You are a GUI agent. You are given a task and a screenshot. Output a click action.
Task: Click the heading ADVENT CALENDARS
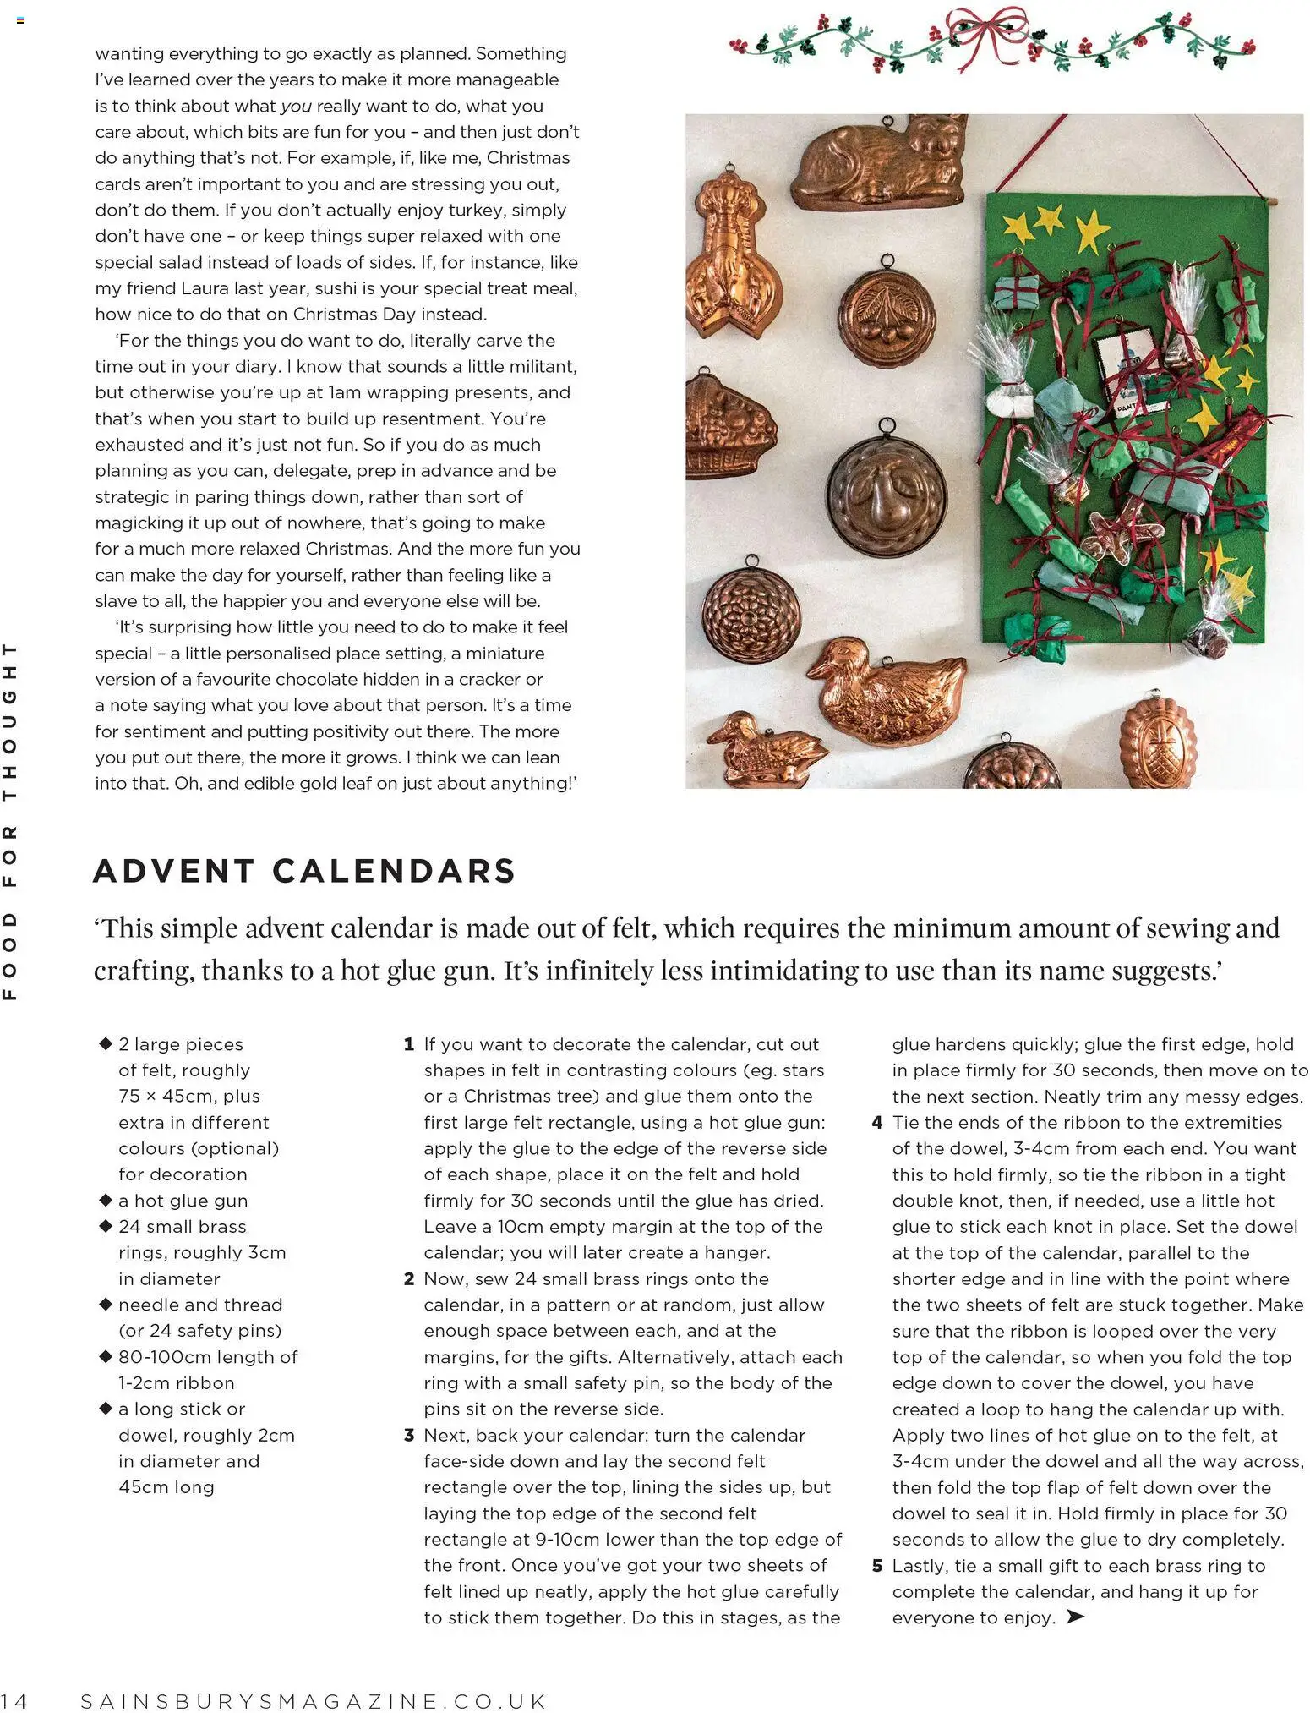[x=304, y=872]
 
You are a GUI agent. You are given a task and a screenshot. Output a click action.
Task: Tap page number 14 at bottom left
[x=14, y=1701]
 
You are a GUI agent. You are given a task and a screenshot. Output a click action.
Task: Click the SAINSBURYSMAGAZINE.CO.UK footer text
[x=314, y=1701]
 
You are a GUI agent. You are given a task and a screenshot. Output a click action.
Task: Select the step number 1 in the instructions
[x=409, y=1045]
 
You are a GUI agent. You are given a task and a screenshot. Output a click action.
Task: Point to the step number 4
[x=877, y=1124]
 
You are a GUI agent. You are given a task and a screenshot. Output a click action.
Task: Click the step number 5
[x=877, y=1566]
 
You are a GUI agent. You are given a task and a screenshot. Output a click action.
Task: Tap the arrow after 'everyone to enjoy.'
[x=1074, y=1617]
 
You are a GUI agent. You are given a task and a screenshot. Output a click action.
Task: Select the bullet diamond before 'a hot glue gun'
[x=106, y=1201]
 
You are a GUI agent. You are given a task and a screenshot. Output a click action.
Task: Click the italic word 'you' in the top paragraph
[x=296, y=107]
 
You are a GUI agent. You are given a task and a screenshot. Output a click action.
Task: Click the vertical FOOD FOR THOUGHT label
[x=10, y=820]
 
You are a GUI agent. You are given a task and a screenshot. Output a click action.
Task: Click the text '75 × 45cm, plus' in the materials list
[x=189, y=1097]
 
